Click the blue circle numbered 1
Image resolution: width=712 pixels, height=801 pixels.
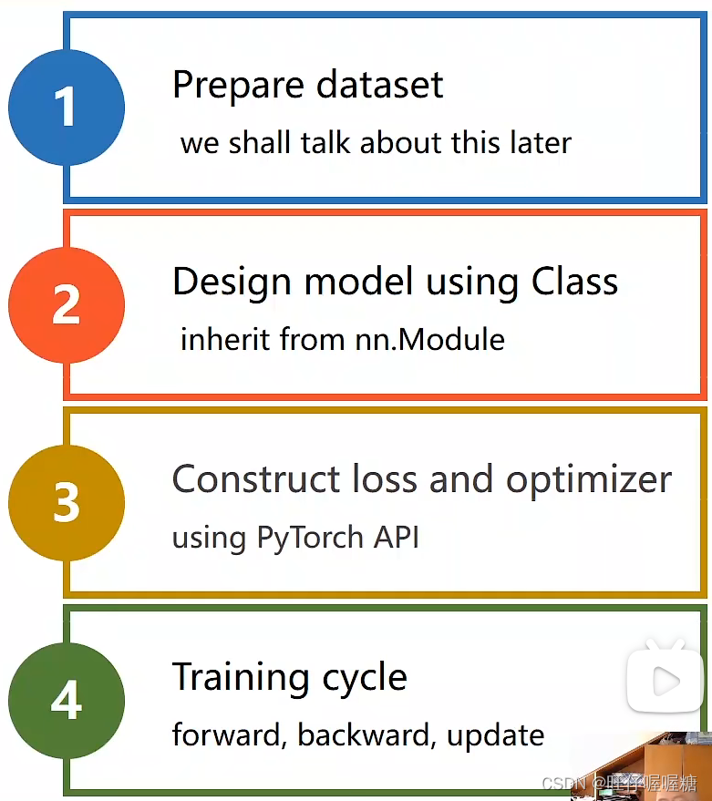coord(66,108)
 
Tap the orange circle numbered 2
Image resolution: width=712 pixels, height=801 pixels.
coord(66,304)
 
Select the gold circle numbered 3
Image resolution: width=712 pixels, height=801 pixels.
coord(66,502)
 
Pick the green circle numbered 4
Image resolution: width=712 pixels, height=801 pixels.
coord(66,701)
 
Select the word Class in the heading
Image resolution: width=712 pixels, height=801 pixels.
coord(574,282)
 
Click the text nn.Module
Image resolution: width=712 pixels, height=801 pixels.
coord(430,340)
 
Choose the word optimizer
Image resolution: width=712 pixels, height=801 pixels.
coord(589,480)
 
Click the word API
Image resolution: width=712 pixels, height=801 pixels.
coord(395,537)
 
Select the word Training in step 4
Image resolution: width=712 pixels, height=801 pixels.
coord(230,678)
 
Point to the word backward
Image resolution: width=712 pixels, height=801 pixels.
coord(366,734)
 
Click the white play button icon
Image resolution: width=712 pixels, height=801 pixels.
coord(666,680)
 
